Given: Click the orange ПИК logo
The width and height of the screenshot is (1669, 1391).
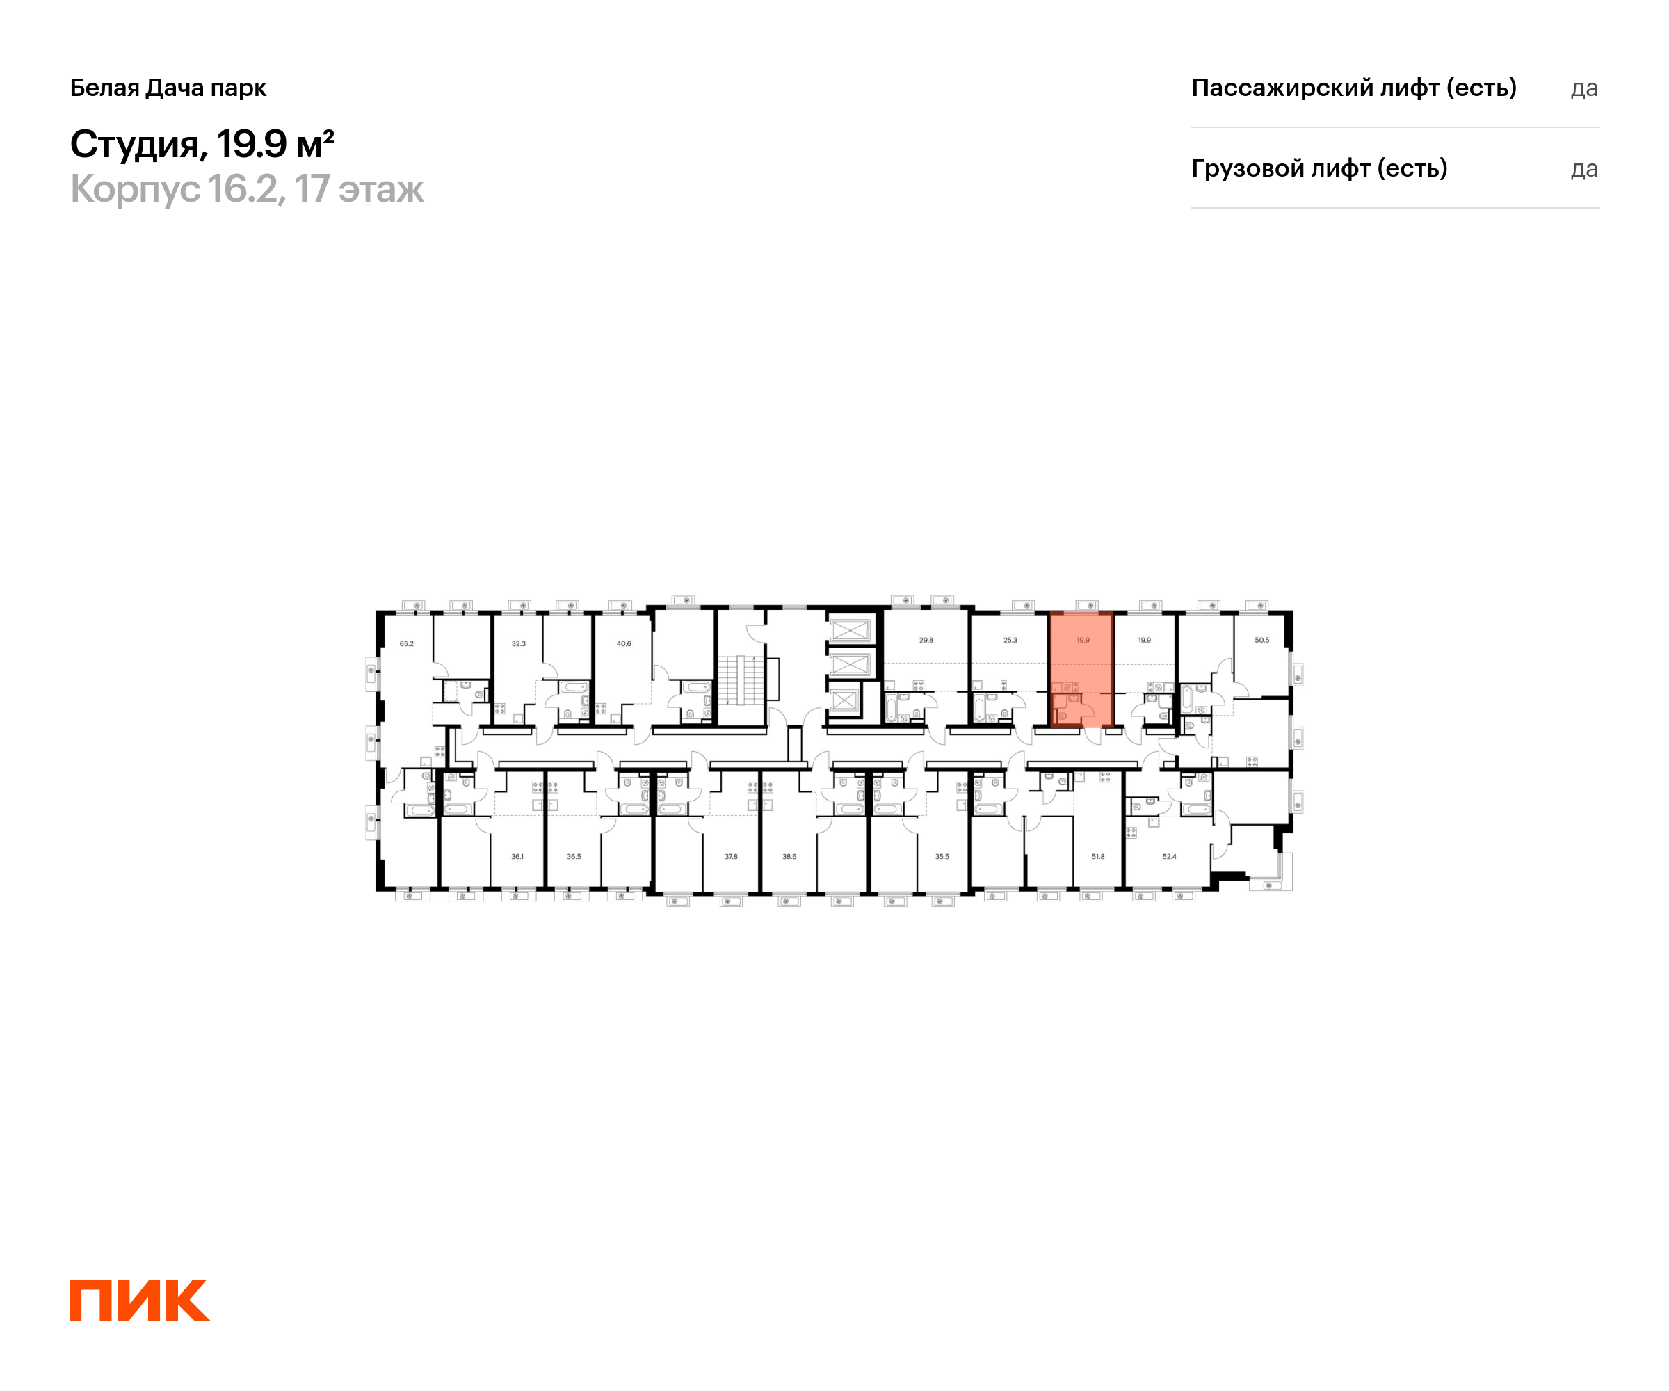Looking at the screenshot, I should (139, 1301).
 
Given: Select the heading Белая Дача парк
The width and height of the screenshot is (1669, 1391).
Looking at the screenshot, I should (168, 88).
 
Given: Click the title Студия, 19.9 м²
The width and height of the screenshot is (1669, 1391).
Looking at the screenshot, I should (202, 144).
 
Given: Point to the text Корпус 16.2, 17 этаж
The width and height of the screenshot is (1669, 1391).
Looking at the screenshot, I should (246, 189).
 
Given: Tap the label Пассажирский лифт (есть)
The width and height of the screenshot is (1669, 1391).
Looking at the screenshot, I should (1353, 88).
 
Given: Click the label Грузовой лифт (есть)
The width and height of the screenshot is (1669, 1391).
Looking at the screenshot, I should (1319, 168).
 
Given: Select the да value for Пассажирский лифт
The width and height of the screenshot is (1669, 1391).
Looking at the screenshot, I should (1583, 88).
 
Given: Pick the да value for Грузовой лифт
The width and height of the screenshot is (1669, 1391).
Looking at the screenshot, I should (1583, 169).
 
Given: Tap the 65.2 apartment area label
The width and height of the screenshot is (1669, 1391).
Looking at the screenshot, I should (406, 644).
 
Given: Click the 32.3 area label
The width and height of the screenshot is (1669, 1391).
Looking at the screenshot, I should (518, 644).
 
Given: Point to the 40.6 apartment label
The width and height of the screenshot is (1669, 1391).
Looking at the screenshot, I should (624, 644).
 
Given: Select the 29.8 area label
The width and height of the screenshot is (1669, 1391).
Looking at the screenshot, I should (926, 640).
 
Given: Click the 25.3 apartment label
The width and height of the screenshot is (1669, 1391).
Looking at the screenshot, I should (1010, 640).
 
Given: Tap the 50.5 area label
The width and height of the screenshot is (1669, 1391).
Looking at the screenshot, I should (1261, 640).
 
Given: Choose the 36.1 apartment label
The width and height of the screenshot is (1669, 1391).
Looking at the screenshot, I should (517, 857).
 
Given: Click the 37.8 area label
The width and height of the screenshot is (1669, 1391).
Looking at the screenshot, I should (730, 857).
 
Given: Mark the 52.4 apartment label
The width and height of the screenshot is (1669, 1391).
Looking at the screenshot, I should (1169, 857).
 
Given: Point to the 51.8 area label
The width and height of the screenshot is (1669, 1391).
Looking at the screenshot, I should (1097, 857).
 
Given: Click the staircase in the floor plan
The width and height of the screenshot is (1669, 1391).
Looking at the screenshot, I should (740, 680).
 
